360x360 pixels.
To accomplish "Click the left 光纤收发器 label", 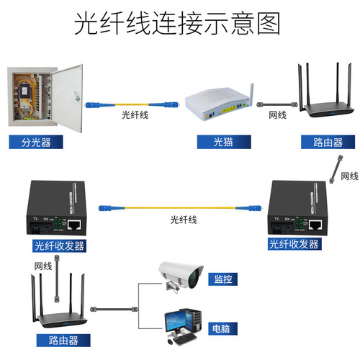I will coord(59,246).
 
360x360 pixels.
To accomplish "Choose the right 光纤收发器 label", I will coord(294,245).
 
